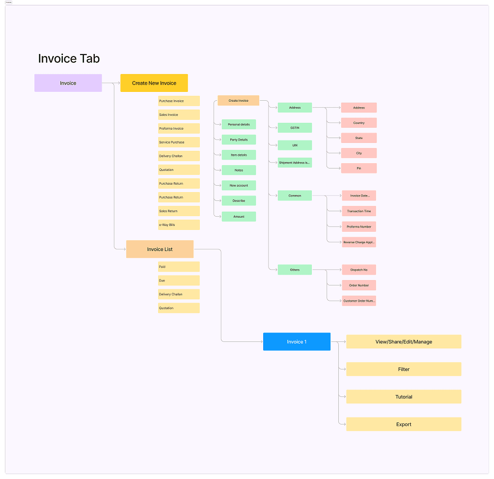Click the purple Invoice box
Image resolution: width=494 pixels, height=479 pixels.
coord(68,83)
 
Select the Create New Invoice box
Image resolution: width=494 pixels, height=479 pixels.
coord(154,83)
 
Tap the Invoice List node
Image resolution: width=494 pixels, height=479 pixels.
coord(160,249)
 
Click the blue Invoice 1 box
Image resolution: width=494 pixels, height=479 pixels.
coord(297,341)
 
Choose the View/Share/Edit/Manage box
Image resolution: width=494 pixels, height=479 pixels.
coord(404,341)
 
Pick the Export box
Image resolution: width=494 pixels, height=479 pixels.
coord(404,424)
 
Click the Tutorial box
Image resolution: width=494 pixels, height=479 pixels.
coord(404,396)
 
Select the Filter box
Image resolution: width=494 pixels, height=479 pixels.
coord(404,369)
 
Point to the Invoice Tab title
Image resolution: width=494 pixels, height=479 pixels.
coord(69,58)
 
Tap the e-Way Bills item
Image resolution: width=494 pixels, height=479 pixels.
coord(179,225)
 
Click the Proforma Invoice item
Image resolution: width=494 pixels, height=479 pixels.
coord(179,128)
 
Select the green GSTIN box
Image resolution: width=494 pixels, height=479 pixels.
coord(295,128)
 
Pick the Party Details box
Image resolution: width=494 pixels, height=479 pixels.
coord(239,140)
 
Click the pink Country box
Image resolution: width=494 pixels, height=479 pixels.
coord(359,123)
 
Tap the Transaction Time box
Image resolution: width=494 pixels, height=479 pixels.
coord(359,211)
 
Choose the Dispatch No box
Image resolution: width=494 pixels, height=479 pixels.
coord(359,269)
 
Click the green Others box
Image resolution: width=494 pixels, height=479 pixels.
coord(295,270)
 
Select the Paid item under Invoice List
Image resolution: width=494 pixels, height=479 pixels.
coord(179,267)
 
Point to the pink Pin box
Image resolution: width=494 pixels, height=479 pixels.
coord(359,168)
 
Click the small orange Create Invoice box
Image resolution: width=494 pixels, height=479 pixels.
coord(238,101)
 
